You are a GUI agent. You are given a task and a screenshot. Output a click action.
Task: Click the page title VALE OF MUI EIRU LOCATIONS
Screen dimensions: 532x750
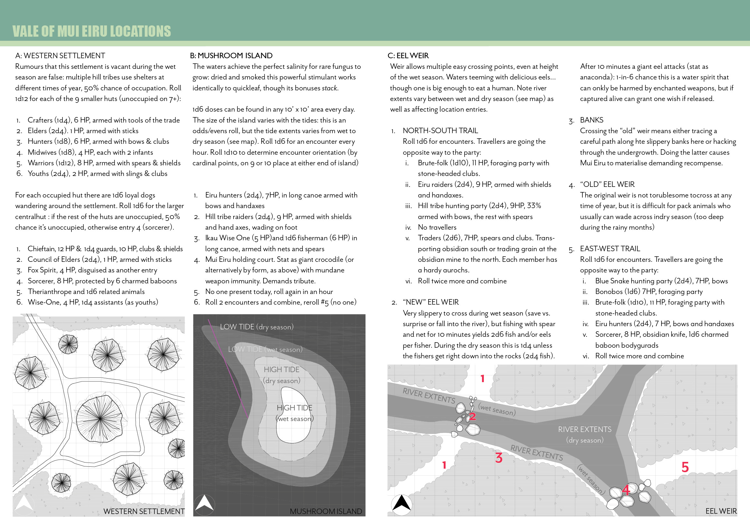click(91, 31)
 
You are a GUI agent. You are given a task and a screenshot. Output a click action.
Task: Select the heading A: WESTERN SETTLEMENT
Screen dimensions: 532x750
click(60, 56)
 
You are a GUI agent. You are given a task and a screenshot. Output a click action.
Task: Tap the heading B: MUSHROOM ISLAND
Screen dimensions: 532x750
click(231, 56)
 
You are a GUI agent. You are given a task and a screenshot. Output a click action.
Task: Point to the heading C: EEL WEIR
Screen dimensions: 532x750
click(408, 56)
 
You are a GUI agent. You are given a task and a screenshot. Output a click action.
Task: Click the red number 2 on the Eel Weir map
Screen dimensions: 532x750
click(472, 417)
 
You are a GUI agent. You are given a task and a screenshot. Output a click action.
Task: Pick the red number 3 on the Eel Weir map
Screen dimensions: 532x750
click(499, 458)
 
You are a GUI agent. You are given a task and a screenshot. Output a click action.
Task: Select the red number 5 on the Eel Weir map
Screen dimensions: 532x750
click(685, 467)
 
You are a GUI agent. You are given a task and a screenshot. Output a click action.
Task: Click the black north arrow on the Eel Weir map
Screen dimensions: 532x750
click(402, 503)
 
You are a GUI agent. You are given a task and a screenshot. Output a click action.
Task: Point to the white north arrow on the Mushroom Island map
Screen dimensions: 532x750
click(204, 503)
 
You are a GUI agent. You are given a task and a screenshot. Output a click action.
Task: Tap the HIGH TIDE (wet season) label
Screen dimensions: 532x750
click(294, 413)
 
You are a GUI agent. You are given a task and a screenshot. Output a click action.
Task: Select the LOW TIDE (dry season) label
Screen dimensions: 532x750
click(256, 327)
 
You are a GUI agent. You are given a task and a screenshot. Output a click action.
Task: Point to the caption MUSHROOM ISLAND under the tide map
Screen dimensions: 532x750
click(326, 511)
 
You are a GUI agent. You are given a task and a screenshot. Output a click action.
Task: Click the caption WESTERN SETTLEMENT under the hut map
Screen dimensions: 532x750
click(144, 511)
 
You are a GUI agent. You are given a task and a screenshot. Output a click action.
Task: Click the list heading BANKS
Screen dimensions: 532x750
click(591, 120)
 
